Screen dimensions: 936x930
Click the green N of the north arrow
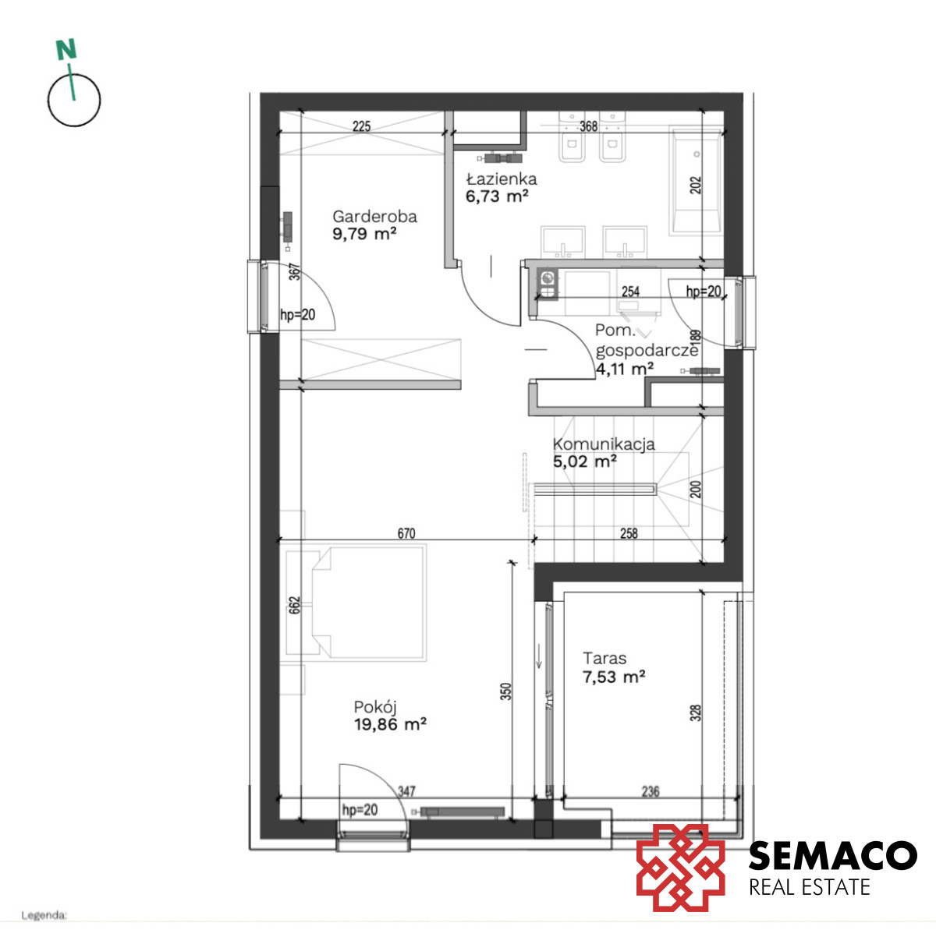66,50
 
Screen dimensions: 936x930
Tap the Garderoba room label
374,216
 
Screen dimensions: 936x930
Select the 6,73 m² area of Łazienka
497,196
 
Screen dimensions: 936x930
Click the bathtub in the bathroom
696,182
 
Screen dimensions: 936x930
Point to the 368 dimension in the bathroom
588,126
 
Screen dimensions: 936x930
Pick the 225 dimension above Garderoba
361,126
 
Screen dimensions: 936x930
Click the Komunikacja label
604,444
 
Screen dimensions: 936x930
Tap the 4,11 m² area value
625,369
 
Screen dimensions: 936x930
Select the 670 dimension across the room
406,533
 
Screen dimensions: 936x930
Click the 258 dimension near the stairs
629,533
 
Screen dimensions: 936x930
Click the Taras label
604,658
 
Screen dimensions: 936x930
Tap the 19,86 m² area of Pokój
390,724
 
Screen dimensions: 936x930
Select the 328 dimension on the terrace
696,713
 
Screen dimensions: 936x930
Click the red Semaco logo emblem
680,868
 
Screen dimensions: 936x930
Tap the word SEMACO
832,855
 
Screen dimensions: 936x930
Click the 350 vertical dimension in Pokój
505,691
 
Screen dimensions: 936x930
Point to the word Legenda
44,915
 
